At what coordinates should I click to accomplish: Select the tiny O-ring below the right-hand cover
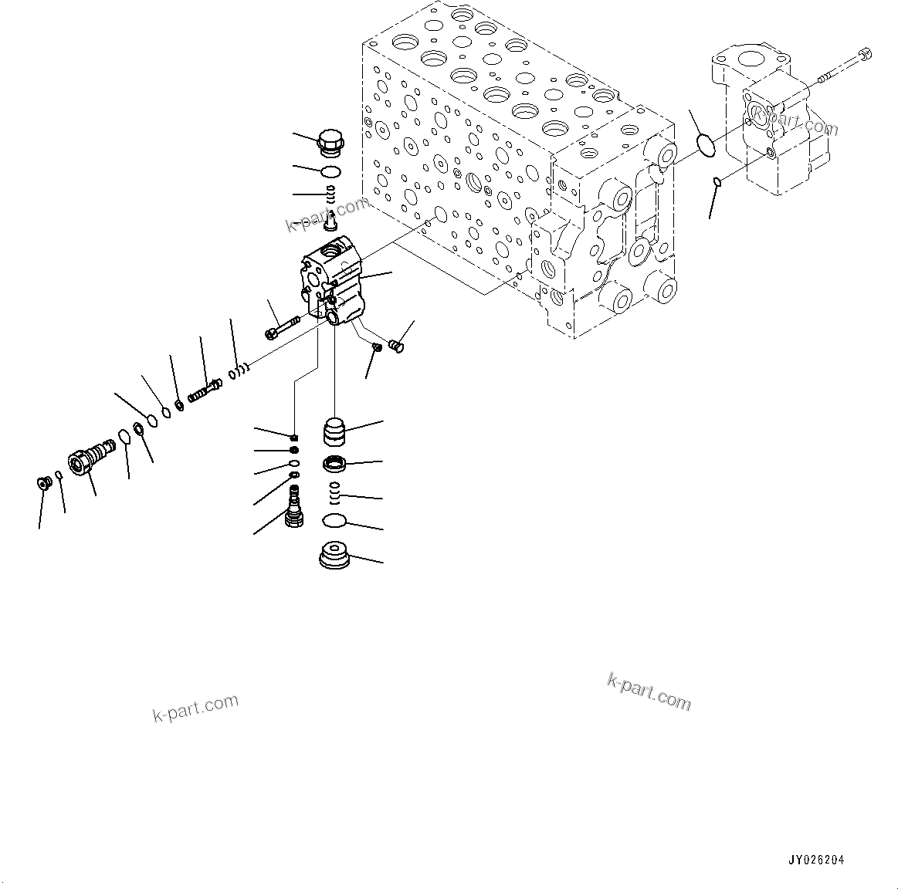coord(717,182)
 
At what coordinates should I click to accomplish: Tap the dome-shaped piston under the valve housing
coord(334,432)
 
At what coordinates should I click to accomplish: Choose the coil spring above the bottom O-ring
coord(334,493)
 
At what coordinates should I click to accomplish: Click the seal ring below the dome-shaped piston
coord(334,465)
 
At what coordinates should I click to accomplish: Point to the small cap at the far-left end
coord(44,483)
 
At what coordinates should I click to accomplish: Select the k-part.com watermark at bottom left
coord(195,708)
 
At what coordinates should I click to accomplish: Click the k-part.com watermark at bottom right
coord(649,690)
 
